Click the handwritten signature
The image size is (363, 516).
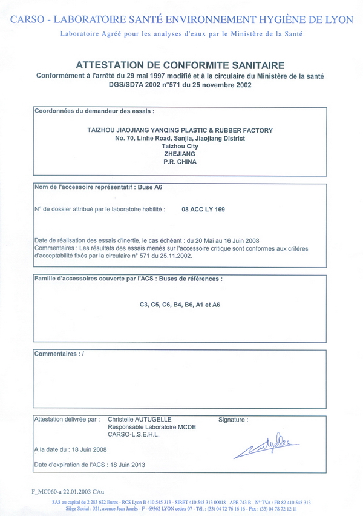266,447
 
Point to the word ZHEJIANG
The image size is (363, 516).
180,154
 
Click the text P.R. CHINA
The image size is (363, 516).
180,162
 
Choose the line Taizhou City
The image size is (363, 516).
180,146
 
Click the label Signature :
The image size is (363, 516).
234,418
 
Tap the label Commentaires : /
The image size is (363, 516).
59,353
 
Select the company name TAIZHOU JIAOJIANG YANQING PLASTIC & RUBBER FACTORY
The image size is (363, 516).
180,130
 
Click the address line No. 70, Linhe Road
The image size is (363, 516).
180,138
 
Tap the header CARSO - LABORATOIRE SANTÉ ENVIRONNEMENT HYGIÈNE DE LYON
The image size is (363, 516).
181,19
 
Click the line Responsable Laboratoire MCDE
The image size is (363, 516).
151,426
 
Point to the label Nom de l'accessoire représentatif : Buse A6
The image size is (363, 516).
97,188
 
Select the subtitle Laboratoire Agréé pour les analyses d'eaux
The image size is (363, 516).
181,34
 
